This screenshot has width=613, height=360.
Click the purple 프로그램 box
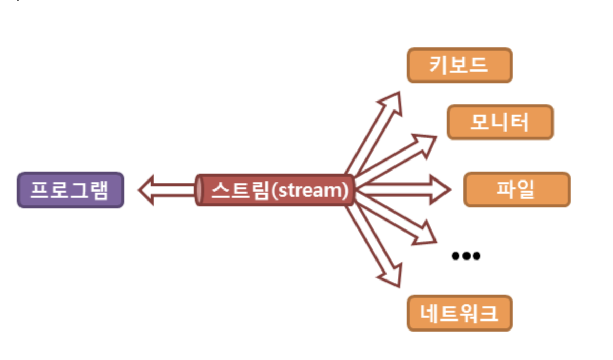click(x=71, y=190)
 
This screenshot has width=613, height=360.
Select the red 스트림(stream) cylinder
click(x=274, y=190)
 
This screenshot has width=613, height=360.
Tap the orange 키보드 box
click(x=459, y=66)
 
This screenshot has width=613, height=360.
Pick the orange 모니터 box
click(x=500, y=122)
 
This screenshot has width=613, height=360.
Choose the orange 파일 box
click(x=516, y=189)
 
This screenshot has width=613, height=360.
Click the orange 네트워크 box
click(x=459, y=313)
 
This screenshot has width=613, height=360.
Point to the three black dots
click(x=466, y=256)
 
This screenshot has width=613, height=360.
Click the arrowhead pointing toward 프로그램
click(x=148, y=190)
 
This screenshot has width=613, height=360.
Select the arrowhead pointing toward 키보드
click(x=392, y=103)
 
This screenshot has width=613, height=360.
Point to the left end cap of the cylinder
click(x=200, y=190)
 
